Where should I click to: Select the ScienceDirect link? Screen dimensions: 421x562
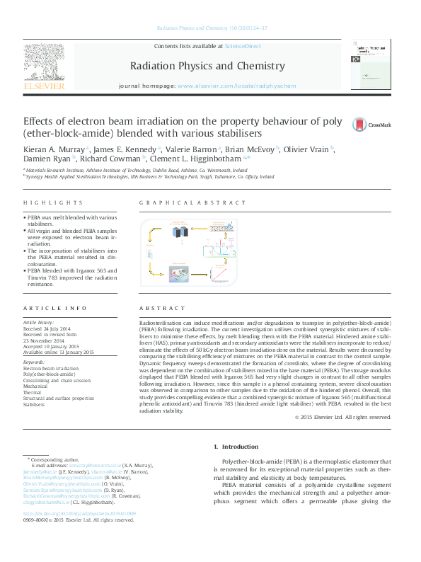243,46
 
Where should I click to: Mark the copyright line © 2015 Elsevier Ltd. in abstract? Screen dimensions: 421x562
342,418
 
